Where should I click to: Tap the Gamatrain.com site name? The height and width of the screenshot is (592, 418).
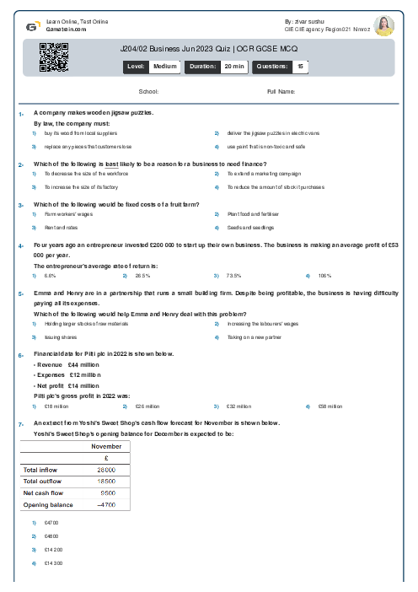point(64,27)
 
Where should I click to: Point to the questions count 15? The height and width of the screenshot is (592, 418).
point(301,65)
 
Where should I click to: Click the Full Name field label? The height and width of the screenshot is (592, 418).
point(281,91)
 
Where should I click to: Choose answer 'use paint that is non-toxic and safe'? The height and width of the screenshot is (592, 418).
point(265,146)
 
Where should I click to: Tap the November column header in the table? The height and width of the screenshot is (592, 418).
point(106,445)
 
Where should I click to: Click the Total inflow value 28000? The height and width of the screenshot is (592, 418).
point(107,469)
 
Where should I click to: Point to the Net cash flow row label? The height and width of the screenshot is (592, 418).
point(44,492)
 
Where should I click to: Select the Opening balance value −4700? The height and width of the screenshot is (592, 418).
point(106,504)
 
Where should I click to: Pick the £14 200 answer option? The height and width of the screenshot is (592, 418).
point(51,549)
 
